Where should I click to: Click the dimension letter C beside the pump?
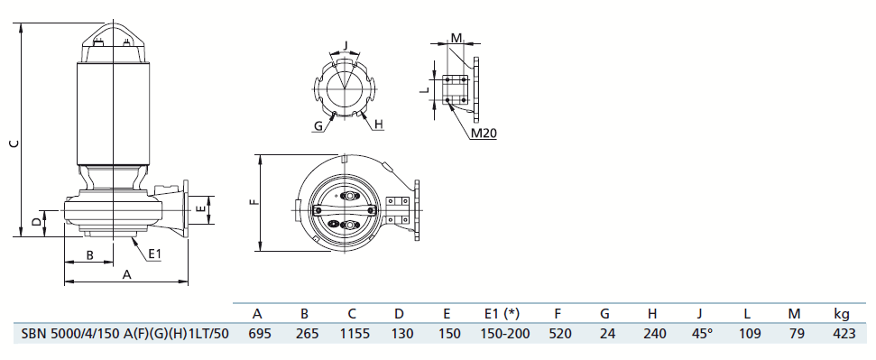pyautogui.click(x=15, y=143)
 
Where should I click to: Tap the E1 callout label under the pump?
pyautogui.click(x=155, y=254)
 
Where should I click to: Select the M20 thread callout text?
pyautogui.click(x=484, y=133)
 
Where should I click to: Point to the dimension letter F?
pyautogui.click(x=254, y=201)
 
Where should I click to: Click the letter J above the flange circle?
pyautogui.click(x=346, y=44)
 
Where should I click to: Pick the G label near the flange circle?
pyautogui.click(x=318, y=125)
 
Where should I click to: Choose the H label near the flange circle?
pyautogui.click(x=379, y=125)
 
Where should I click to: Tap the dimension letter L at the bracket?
pyautogui.click(x=425, y=88)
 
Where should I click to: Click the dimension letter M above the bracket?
pyautogui.click(x=457, y=38)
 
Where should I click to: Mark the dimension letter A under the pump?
pyautogui.click(x=127, y=274)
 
